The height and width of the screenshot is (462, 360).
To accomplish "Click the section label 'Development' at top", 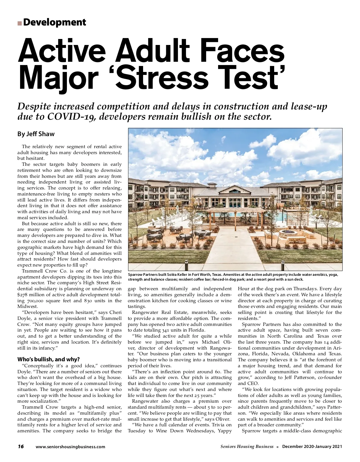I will pos(54,22).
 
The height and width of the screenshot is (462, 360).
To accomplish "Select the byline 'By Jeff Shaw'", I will pos(36,134).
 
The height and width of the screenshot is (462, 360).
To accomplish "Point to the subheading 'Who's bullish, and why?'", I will pos(49,359).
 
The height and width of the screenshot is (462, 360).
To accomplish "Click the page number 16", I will pos(21,446).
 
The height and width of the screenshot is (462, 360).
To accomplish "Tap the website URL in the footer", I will pos(70,447).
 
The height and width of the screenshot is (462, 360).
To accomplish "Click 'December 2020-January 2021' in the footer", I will pos(312,447).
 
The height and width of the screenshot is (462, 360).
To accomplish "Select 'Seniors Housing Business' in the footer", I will pos(247,447).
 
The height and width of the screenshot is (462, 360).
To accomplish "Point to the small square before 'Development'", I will pos(19,23).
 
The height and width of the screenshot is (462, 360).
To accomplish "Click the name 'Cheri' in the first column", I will pos(115,312).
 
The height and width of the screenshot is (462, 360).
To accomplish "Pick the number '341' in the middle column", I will pos(166,330).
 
